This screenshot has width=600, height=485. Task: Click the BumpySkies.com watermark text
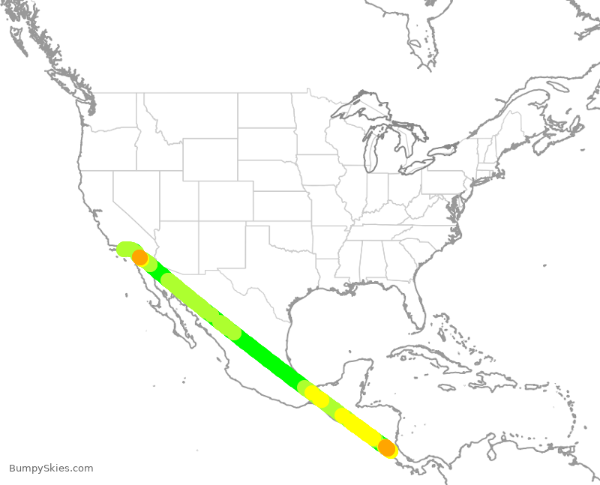click(x=51, y=469)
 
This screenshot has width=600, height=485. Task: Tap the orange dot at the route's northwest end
click(x=139, y=258)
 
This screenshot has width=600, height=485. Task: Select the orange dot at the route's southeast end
click(x=386, y=448)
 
